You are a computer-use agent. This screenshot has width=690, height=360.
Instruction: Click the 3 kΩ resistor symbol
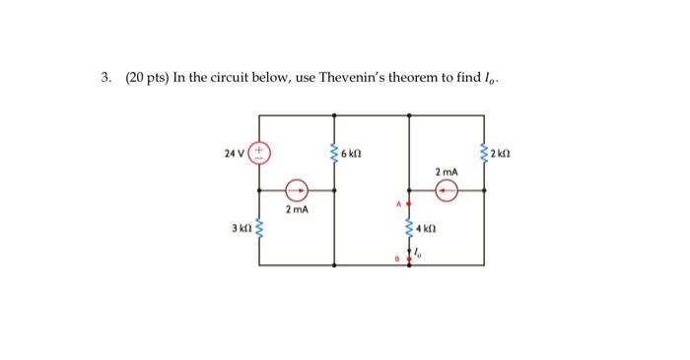pyautogui.click(x=260, y=230)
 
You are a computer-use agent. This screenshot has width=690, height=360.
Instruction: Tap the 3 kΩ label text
pyautogui.click(x=240, y=230)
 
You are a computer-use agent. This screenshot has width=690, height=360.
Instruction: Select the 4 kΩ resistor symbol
pyautogui.click(x=410, y=230)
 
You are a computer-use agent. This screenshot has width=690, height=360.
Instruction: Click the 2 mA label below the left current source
pyautogui.click(x=297, y=210)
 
